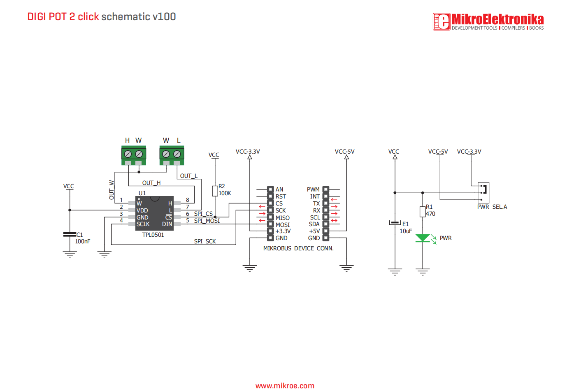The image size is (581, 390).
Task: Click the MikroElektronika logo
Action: click(x=488, y=21)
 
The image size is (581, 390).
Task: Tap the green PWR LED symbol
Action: click(x=423, y=238)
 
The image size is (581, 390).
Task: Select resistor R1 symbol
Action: click(x=423, y=212)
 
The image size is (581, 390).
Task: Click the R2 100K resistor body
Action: click(x=215, y=191)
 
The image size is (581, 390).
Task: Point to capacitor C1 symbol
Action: click(x=70, y=234)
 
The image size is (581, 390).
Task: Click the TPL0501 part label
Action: click(x=153, y=235)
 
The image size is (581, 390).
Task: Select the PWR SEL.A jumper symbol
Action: click(x=483, y=193)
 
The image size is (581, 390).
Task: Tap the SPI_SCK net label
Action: click(x=205, y=241)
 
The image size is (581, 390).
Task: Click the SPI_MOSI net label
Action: click(x=207, y=221)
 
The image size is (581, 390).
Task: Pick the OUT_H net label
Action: click(x=151, y=183)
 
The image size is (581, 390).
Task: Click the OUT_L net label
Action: click(x=189, y=176)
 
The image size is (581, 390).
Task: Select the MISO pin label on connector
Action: click(x=283, y=218)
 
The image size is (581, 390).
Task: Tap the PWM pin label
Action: click(x=313, y=189)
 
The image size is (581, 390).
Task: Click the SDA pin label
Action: click(x=314, y=224)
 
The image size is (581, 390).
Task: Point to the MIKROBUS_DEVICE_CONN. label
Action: click(x=298, y=248)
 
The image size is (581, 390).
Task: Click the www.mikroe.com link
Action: click(x=285, y=386)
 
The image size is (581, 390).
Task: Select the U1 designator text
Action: click(x=142, y=193)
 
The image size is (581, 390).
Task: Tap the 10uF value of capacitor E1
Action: click(x=406, y=231)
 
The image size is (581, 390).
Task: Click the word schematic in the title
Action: click(x=125, y=16)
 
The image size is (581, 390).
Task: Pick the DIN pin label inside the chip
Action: click(x=167, y=224)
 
